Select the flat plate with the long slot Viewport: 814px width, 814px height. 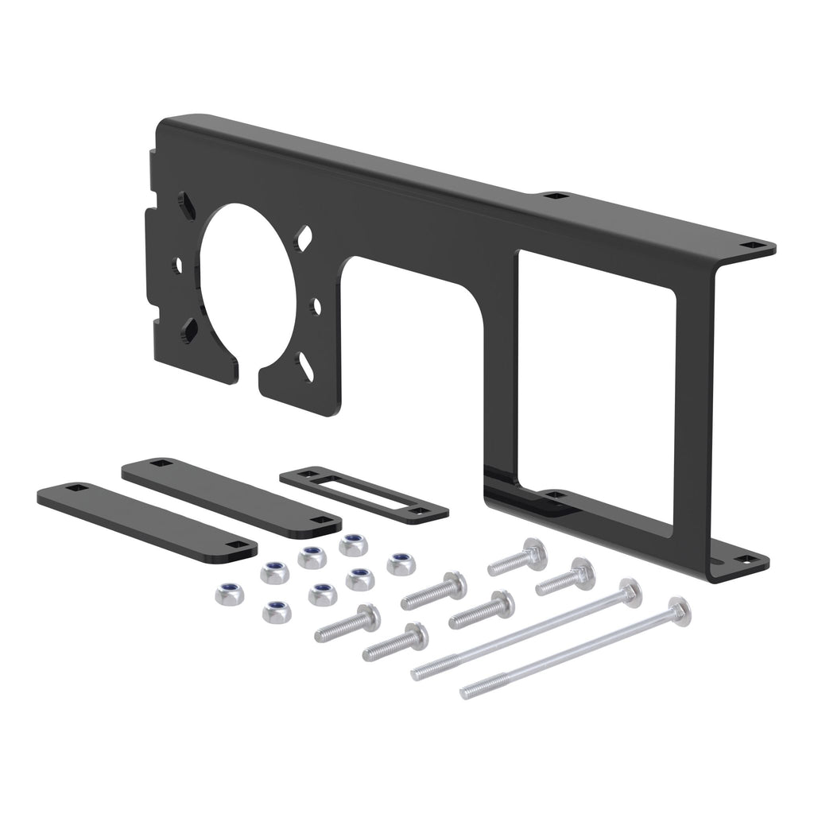coord(364,494)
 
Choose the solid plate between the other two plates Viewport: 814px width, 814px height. coord(231,494)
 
